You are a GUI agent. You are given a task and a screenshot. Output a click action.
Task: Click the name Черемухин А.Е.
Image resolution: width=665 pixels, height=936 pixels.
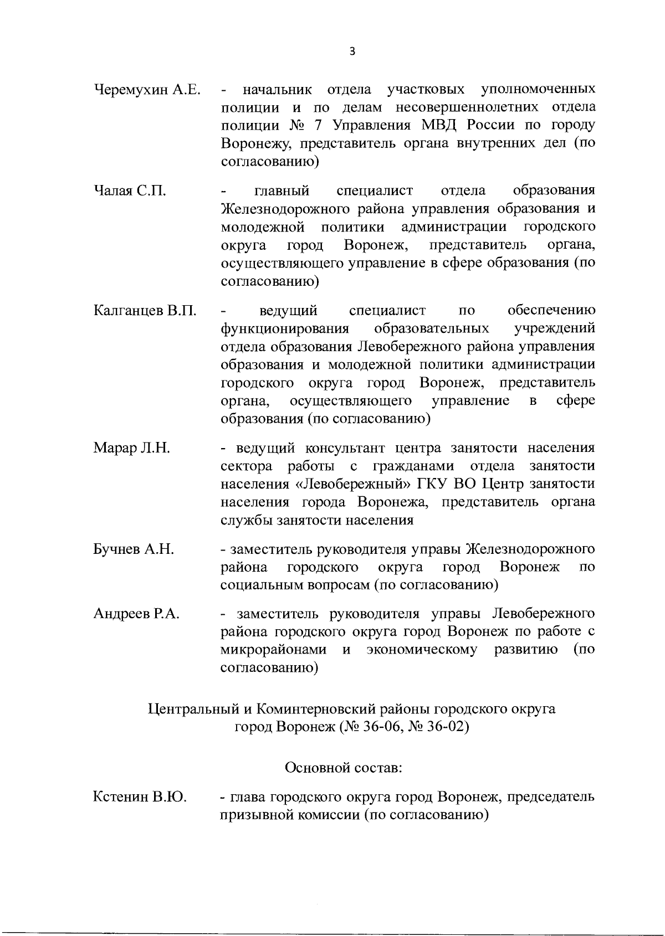[147, 90]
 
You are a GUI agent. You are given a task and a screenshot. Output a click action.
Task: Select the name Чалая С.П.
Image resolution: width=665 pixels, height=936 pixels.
[130, 191]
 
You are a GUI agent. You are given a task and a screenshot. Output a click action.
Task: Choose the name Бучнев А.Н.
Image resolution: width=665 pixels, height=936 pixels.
[134, 549]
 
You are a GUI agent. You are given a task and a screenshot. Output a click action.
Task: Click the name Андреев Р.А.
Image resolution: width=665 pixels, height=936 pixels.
[136, 614]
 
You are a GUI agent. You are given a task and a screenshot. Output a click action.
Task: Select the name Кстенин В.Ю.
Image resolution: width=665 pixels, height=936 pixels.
[140, 798]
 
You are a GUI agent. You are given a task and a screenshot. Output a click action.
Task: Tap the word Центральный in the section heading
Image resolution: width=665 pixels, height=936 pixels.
[193, 709]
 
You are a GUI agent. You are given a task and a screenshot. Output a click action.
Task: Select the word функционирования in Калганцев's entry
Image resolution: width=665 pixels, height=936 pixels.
[285, 328]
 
